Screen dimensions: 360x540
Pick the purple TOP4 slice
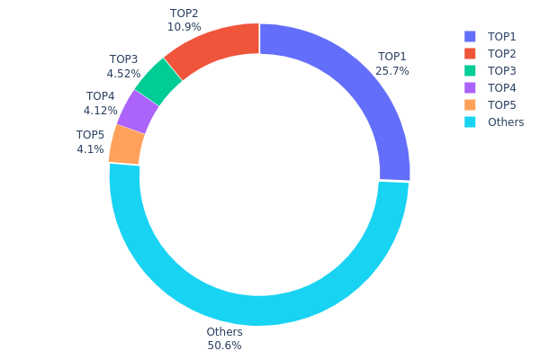(138, 112)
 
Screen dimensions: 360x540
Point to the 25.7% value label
(392, 70)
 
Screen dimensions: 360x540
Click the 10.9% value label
(184, 27)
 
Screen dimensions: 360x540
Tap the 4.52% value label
(122, 74)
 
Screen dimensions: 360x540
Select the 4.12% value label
(100, 111)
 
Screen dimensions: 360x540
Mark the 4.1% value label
(90, 149)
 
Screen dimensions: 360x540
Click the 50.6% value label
(224, 346)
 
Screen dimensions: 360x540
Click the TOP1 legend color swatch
(470, 36)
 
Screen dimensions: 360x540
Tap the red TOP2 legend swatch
(470, 53)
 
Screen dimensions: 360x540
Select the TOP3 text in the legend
(502, 70)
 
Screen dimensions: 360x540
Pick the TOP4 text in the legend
(502, 87)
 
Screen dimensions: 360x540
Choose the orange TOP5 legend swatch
(470, 104)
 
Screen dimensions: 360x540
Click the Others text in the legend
(506, 121)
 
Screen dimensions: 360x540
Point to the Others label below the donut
(224, 332)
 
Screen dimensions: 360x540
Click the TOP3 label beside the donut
(122, 59)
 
